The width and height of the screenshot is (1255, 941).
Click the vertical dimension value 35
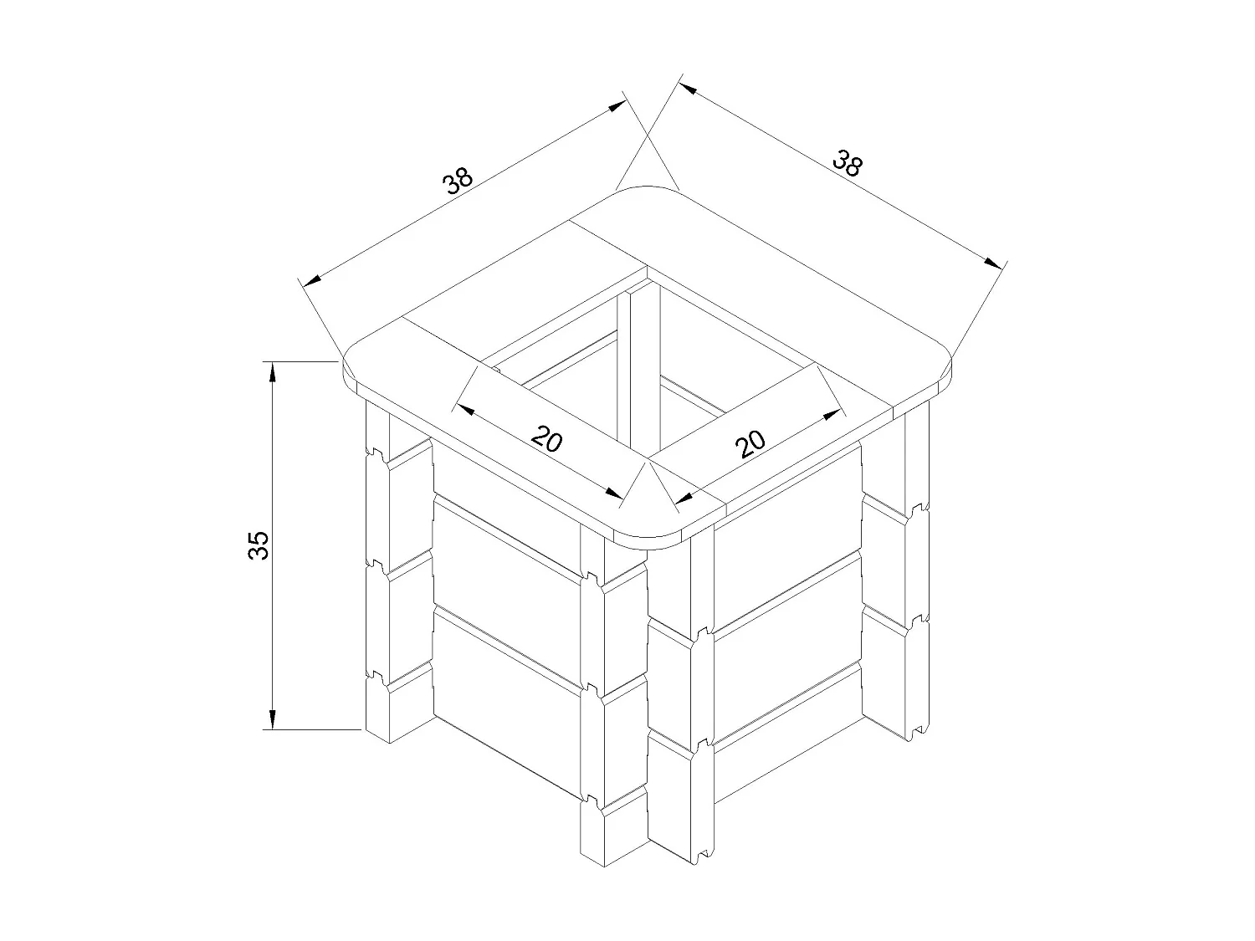pyautogui.click(x=259, y=545)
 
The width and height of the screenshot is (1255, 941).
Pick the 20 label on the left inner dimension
pyautogui.click(x=546, y=438)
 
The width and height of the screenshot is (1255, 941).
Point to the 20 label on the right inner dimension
pyautogui.click(x=751, y=443)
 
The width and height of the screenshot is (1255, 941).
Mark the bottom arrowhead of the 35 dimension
pyautogui.click(x=272, y=720)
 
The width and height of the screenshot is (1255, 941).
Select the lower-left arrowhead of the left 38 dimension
pyautogui.click(x=312, y=279)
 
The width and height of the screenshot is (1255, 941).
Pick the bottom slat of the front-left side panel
pyautogui.click(x=506, y=703)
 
